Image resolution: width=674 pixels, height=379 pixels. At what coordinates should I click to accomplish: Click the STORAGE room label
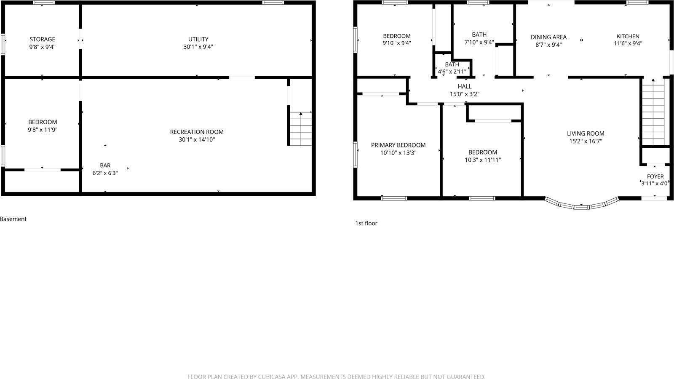pos(42,39)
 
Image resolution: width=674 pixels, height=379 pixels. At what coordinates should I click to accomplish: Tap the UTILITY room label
pos(198,39)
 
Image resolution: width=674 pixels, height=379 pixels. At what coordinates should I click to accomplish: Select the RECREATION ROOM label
pos(197,132)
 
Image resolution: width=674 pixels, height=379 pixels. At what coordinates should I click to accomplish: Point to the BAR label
pos(105,165)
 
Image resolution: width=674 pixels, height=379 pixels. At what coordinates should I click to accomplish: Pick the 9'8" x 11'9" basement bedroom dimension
pos(42,130)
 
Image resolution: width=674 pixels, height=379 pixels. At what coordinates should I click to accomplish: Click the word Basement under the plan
pos(13,219)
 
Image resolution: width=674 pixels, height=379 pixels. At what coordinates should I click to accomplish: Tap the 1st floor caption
pos(366,223)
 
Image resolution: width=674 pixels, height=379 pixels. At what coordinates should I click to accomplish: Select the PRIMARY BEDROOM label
pos(398,145)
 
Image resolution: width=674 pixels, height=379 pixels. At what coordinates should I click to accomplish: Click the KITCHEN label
pos(628,36)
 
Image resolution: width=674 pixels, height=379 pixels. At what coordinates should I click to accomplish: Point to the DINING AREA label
pos(548,37)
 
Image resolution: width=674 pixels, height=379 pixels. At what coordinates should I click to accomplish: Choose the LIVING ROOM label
pos(586,133)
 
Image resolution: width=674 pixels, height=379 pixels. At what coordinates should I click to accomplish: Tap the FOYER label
pos(655,176)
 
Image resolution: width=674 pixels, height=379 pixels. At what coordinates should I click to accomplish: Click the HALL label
pos(465,86)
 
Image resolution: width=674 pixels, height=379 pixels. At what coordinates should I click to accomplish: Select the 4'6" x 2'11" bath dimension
pos(452,72)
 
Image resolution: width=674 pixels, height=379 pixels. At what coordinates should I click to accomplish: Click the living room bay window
pos(582,206)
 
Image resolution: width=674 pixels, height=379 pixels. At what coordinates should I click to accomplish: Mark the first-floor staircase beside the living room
pos(653,112)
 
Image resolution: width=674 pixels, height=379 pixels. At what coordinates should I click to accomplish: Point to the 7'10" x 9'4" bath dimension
pos(479,42)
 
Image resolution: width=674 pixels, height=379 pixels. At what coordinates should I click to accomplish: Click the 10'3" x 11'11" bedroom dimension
pos(483,160)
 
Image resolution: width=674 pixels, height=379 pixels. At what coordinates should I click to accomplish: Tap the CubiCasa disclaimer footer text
pos(336,376)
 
